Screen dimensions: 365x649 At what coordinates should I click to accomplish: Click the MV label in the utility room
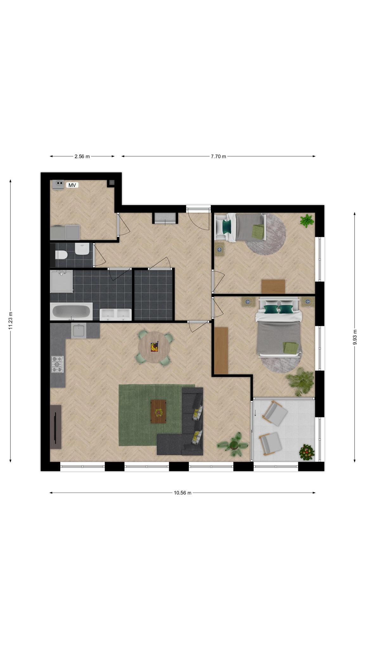[72, 185]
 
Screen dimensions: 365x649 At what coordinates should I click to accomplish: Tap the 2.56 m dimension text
[82, 156]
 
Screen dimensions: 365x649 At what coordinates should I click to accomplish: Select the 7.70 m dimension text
[219, 156]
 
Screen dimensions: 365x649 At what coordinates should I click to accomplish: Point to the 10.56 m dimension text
[182, 493]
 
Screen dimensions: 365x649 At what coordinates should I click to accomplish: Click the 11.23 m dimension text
[10, 321]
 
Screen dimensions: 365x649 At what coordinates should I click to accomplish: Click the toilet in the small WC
[61, 254]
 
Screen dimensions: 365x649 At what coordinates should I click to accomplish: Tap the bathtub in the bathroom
[71, 311]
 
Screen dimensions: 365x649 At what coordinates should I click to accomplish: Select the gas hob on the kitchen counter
[58, 364]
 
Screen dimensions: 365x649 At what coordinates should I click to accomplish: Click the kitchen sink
[79, 331]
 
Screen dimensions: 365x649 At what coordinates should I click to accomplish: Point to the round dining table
[154, 347]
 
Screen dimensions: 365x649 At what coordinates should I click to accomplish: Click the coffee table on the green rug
[158, 411]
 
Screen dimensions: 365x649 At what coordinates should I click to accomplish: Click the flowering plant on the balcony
[307, 452]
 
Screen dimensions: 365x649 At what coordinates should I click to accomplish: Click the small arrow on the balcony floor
[255, 413]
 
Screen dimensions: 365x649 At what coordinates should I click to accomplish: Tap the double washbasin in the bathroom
[116, 314]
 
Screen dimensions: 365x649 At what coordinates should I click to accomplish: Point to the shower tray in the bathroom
[61, 281]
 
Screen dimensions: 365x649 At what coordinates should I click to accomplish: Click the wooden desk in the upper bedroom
[273, 286]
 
